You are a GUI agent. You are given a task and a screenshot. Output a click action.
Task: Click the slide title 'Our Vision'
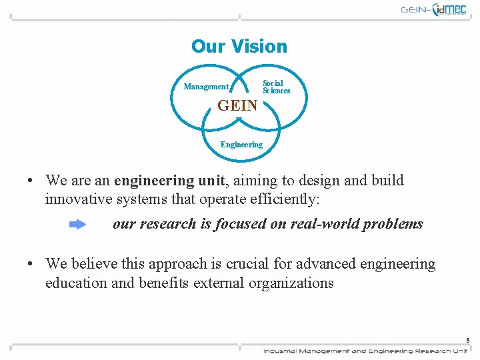[x=239, y=47]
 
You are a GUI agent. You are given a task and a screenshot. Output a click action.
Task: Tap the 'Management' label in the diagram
[x=206, y=87]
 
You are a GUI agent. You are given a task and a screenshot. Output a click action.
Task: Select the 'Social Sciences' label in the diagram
[x=276, y=87]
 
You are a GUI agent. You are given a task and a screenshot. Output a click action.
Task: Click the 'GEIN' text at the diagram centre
[x=237, y=105]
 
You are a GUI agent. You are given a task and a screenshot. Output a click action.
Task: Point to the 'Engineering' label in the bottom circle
[x=241, y=145]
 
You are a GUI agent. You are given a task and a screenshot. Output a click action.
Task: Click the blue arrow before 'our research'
[x=77, y=225]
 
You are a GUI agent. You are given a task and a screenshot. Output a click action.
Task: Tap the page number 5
[x=467, y=340]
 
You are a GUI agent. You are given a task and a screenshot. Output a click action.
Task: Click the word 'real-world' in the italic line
[x=325, y=224]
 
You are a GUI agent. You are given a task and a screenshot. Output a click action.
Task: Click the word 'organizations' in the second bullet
[x=291, y=283]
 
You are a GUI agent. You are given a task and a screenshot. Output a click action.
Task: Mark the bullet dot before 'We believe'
[x=31, y=265]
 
